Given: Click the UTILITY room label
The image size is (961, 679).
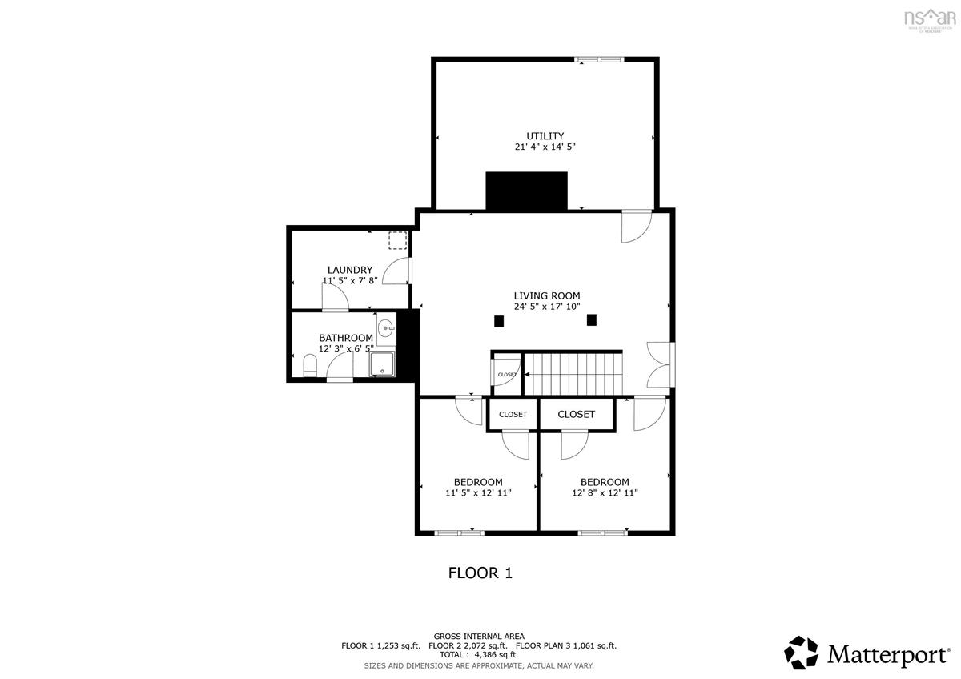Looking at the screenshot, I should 545,135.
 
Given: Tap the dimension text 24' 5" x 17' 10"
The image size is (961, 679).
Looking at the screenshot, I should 546,307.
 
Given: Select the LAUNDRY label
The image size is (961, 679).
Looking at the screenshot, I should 349,270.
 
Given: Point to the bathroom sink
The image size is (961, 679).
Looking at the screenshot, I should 387,327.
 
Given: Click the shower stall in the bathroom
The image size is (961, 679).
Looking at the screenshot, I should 383,363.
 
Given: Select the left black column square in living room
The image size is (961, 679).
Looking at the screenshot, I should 498,321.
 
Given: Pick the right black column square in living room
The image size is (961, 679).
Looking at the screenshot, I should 592,319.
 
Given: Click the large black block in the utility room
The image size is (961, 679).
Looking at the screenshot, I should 526,191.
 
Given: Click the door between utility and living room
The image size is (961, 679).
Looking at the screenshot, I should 637,226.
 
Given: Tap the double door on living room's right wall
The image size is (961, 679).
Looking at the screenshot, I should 660,364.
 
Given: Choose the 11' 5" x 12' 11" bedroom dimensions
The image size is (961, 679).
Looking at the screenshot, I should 478,493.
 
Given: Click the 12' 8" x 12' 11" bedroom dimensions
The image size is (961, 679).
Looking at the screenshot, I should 605,493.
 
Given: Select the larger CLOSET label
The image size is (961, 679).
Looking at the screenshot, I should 576,414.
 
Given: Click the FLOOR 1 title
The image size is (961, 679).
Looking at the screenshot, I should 479,573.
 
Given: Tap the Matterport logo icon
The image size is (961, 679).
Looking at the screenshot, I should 801,653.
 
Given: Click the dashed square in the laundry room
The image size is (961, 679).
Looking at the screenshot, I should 397,240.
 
